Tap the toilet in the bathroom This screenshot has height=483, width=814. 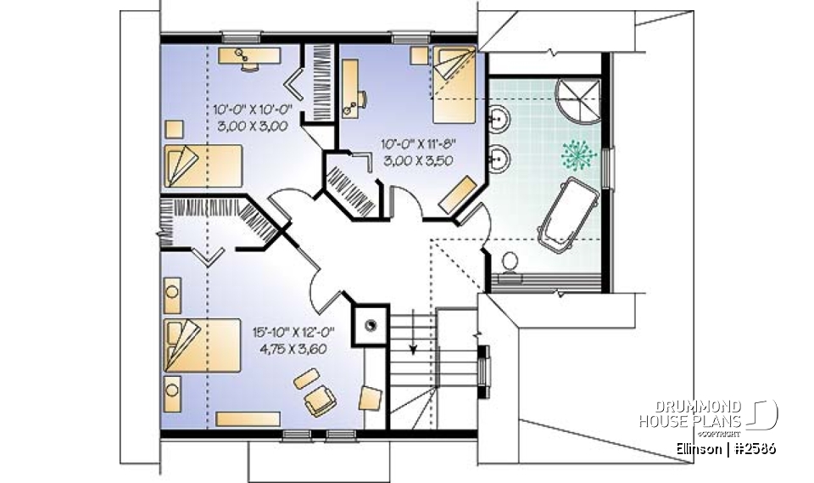[x=509, y=262]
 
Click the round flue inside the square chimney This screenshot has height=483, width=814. [x=371, y=323]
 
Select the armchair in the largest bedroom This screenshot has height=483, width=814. [x=321, y=399]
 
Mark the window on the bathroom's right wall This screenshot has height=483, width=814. [x=606, y=161]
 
